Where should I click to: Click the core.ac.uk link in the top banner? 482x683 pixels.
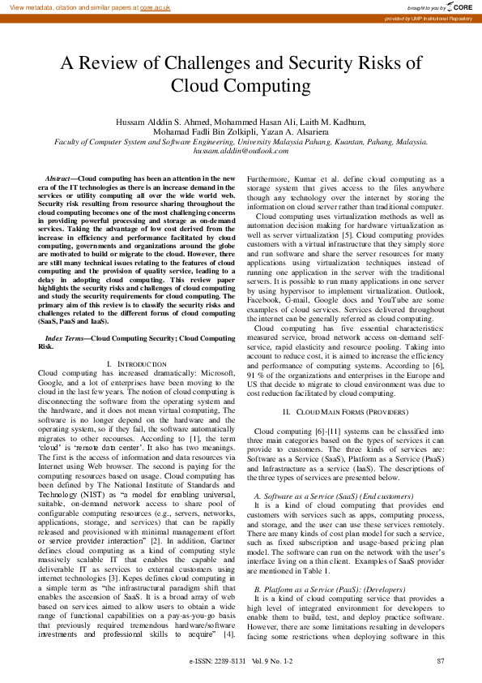[x=156, y=6]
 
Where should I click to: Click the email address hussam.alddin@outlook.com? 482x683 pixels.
[x=241, y=151]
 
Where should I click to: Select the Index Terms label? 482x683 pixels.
[x=64, y=337]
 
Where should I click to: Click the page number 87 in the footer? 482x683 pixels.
[x=440, y=662]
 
